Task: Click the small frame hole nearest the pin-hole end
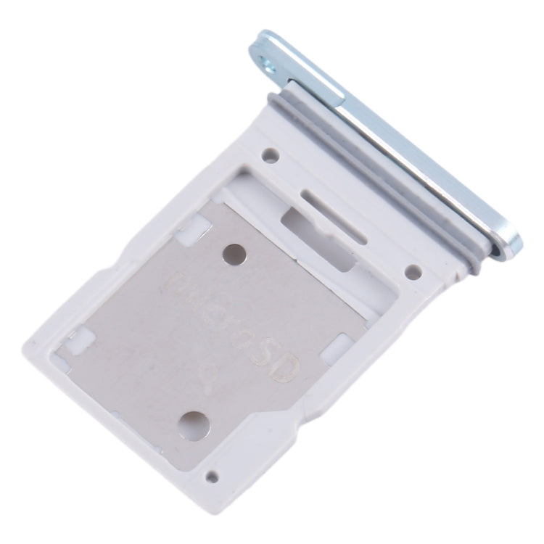[x=270, y=154]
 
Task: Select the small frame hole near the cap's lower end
[x=413, y=273]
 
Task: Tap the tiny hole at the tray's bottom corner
[x=212, y=477]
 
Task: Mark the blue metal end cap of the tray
[x=392, y=138]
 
